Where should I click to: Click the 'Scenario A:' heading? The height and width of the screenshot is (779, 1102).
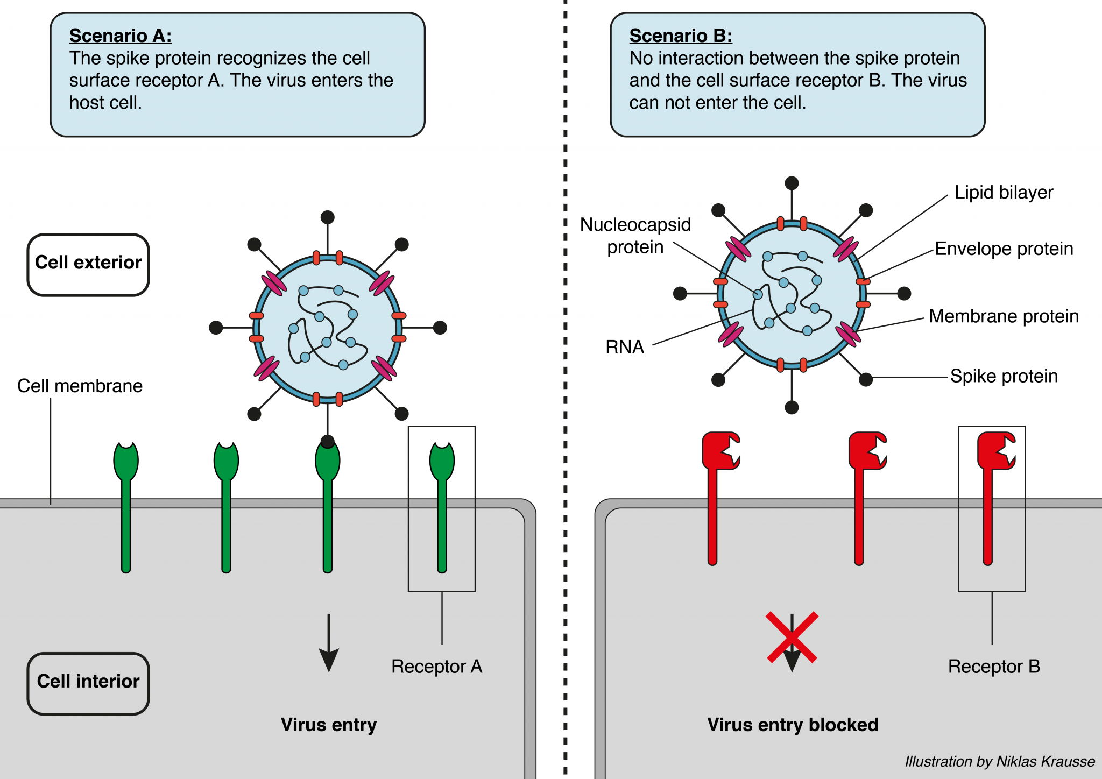coord(121,36)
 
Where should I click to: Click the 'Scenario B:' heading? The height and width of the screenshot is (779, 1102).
coord(681,36)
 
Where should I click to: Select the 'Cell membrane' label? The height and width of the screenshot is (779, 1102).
coord(80,386)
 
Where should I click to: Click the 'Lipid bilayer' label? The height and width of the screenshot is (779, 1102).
coord(1004,193)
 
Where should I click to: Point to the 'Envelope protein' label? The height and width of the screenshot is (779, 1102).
coord(1004,249)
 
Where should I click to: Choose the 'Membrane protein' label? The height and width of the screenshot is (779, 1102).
coord(1004,316)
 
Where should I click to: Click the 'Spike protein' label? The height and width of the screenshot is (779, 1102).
coord(1004,376)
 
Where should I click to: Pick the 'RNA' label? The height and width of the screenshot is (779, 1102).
coord(624,347)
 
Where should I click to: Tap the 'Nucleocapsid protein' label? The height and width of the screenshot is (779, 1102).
coord(635,236)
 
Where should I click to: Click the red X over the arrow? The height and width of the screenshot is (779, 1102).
coord(792,637)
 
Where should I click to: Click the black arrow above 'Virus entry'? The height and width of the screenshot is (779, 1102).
coord(329,643)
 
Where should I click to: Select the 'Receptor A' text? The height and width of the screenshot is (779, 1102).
coord(436,667)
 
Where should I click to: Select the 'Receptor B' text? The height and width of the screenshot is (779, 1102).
coord(994,667)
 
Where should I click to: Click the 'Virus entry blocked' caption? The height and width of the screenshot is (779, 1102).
coord(792,725)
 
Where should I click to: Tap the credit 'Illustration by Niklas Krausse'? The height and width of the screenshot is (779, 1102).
coord(999,761)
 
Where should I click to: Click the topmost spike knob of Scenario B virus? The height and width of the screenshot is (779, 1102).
coord(792,183)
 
